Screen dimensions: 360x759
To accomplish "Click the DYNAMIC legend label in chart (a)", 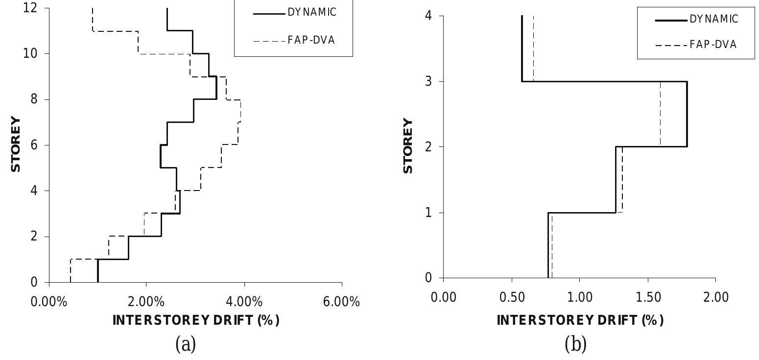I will tap(312, 13).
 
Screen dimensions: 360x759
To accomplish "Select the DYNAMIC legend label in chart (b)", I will tap(713, 19).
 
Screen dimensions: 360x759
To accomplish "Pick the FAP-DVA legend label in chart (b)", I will tap(712, 45).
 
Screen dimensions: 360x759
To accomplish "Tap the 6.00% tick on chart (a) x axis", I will tap(342, 302).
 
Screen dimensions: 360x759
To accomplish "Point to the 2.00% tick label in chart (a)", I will tap(146, 302).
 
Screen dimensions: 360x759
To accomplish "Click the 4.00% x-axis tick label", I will tap(244, 302).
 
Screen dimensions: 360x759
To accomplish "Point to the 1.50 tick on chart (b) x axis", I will tap(647, 297).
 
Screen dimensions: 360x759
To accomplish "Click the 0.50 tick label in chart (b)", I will tap(511, 297).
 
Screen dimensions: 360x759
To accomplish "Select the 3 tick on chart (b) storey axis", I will tap(429, 81).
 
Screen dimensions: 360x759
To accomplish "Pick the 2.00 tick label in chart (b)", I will tap(715, 297).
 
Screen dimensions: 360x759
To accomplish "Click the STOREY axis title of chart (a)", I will tap(17, 144).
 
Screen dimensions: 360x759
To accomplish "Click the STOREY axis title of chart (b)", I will tap(408, 146).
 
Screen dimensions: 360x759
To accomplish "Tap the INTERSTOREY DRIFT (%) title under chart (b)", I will tap(580, 320).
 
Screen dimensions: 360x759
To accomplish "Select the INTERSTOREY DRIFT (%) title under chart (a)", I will tap(195, 320).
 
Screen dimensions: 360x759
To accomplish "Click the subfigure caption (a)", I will tap(186, 345).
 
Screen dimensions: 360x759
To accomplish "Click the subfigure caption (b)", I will tap(576, 345).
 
